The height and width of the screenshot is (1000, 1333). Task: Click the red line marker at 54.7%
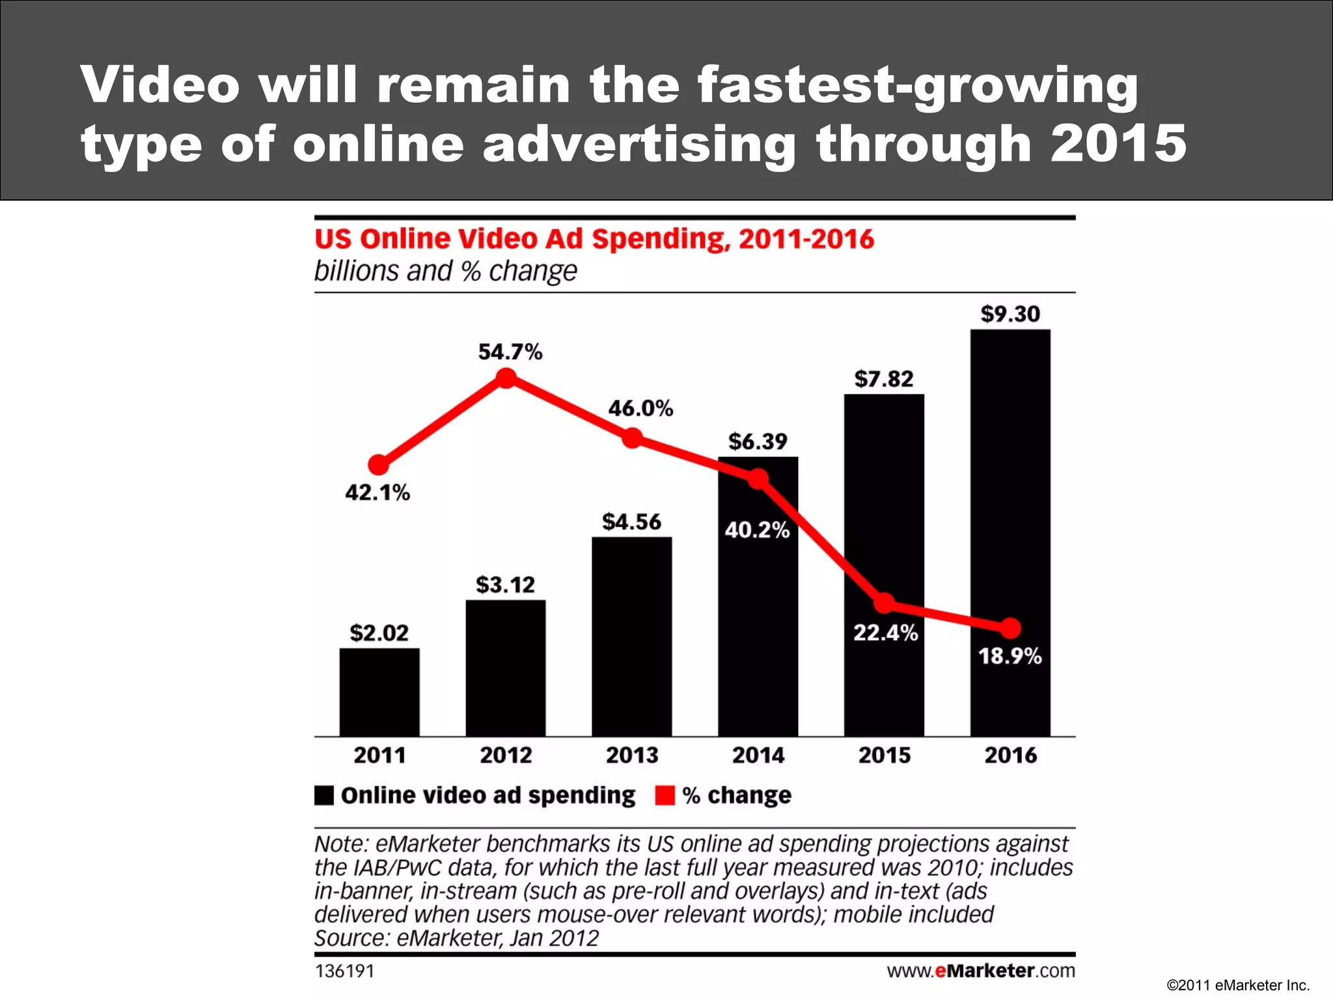(x=506, y=378)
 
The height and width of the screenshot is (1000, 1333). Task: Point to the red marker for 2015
(x=884, y=603)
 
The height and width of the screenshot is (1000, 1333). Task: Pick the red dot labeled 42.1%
(x=379, y=465)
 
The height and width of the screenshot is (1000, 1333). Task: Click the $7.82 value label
(x=884, y=379)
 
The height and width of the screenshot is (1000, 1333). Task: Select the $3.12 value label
(x=505, y=585)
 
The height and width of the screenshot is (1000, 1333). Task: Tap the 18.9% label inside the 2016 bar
(x=1010, y=656)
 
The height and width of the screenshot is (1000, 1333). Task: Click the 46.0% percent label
(x=640, y=409)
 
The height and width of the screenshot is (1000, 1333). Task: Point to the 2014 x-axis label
(x=758, y=755)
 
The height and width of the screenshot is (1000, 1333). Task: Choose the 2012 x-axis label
(x=506, y=755)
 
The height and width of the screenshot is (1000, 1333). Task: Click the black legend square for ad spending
(x=324, y=796)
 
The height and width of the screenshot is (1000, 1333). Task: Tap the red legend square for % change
(x=665, y=796)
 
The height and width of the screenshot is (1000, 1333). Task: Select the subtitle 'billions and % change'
(x=445, y=271)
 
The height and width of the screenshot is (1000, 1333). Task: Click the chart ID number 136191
(x=344, y=971)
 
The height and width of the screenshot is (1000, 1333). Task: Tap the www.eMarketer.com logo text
(x=980, y=971)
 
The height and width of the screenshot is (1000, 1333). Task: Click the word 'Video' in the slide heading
(x=160, y=85)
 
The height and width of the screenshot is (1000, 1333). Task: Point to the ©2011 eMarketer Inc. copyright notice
(x=1238, y=986)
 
